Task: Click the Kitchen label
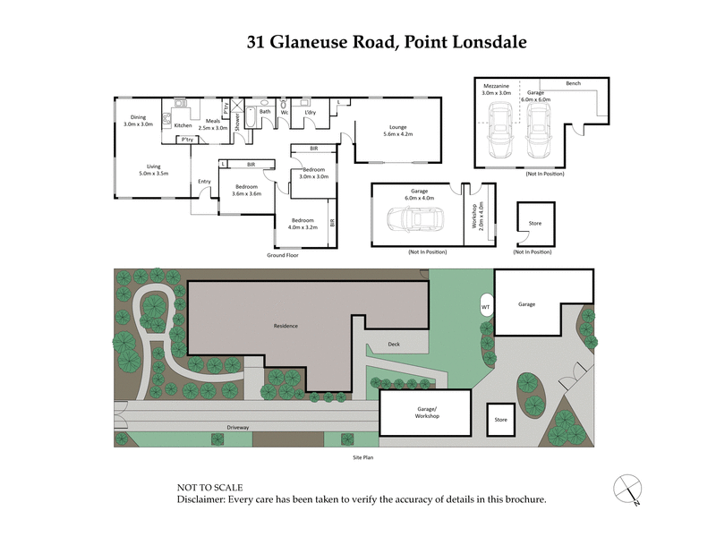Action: (183, 125)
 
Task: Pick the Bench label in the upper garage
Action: (573, 83)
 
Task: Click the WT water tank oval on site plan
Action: (486, 305)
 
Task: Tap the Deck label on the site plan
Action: (394, 344)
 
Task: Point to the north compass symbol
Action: (629, 490)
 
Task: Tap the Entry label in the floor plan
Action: (204, 182)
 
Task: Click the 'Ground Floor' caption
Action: (282, 255)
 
